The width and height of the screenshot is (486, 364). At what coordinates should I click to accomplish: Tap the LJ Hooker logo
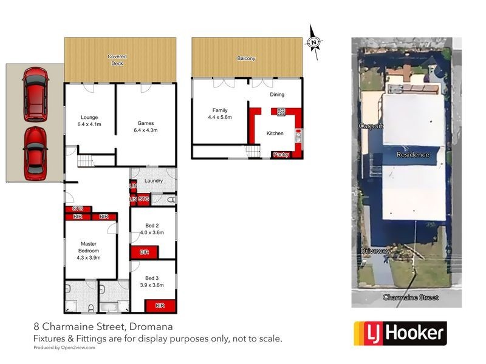(x=400, y=333)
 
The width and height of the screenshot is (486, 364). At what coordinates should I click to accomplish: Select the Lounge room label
(x=89, y=120)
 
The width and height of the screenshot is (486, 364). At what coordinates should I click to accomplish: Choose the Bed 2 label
(x=145, y=228)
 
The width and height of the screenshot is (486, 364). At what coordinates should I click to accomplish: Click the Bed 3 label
(x=145, y=281)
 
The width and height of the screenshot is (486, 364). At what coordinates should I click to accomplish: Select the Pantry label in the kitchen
(x=281, y=154)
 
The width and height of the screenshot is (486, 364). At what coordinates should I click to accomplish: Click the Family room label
(x=220, y=113)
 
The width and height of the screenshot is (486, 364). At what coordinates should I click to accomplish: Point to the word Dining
(x=277, y=94)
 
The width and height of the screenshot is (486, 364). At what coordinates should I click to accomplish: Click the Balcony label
(x=246, y=59)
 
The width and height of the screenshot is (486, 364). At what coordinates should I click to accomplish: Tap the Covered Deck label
(x=117, y=59)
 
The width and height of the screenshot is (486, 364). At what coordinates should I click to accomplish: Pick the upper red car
(x=35, y=93)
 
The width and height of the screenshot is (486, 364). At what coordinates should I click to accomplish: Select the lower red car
(x=35, y=153)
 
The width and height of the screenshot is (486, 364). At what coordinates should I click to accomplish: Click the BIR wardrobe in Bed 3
(x=160, y=305)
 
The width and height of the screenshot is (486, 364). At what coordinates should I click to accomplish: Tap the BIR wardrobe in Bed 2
(x=144, y=252)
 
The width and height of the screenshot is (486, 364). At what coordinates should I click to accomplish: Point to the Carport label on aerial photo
(x=371, y=126)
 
